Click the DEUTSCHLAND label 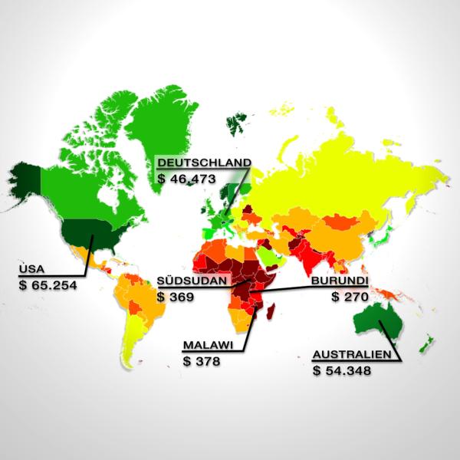203,163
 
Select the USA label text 29,270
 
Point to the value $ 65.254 48,284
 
